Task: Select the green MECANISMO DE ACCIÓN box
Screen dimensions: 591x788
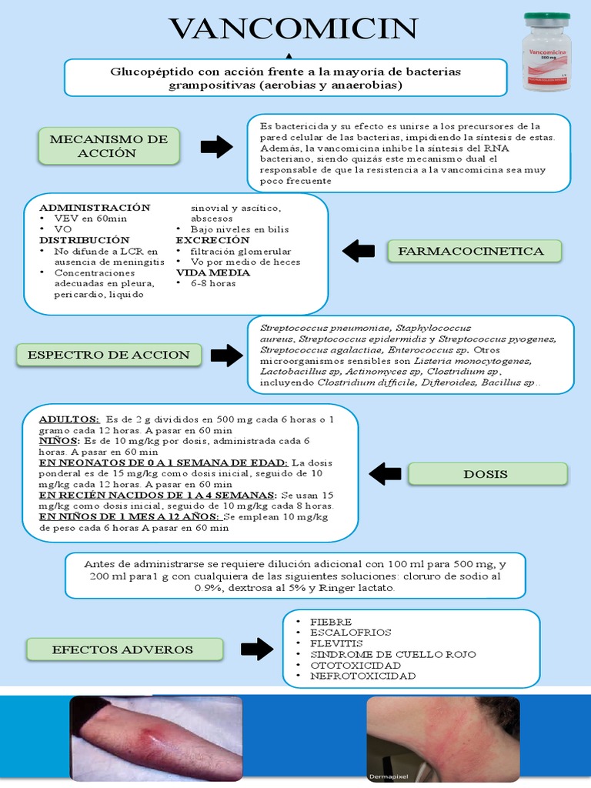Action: point(109,146)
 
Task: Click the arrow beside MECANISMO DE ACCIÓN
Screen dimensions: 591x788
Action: point(216,146)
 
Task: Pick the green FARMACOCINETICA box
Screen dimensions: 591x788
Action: point(476,251)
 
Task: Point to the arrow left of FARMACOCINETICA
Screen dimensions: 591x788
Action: point(359,251)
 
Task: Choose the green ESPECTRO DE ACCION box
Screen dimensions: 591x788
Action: point(109,355)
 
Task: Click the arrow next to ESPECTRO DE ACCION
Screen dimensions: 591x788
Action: point(226,355)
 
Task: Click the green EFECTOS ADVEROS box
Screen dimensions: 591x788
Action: point(123,649)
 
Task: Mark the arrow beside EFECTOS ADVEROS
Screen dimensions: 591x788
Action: point(256,649)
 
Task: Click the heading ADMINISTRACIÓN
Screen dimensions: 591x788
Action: point(95,208)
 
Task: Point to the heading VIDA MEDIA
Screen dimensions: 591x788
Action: point(207,272)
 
